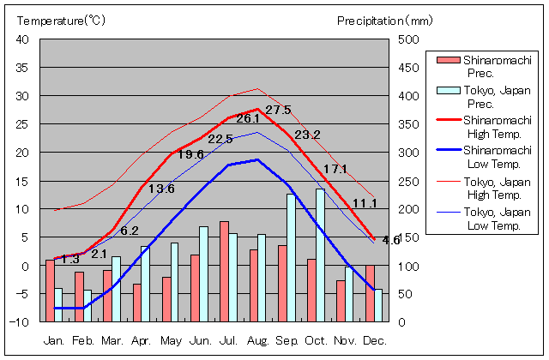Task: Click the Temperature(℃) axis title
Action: (x=61, y=20)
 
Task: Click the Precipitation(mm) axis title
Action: (x=385, y=20)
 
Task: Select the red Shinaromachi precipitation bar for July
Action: (x=224, y=271)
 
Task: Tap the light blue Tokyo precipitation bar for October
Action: (x=320, y=255)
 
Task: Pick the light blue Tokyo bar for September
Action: (x=291, y=258)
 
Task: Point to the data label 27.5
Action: (x=278, y=111)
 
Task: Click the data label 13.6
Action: (x=161, y=189)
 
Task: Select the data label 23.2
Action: (x=307, y=135)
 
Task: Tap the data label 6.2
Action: (x=130, y=231)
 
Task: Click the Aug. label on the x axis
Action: (x=257, y=341)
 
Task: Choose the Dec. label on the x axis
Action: (x=373, y=341)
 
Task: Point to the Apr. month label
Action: (x=142, y=341)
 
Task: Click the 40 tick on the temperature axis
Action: (x=23, y=40)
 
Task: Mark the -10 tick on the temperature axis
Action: (x=21, y=322)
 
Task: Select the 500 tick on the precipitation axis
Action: (x=407, y=40)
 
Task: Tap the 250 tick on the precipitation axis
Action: (x=407, y=181)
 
